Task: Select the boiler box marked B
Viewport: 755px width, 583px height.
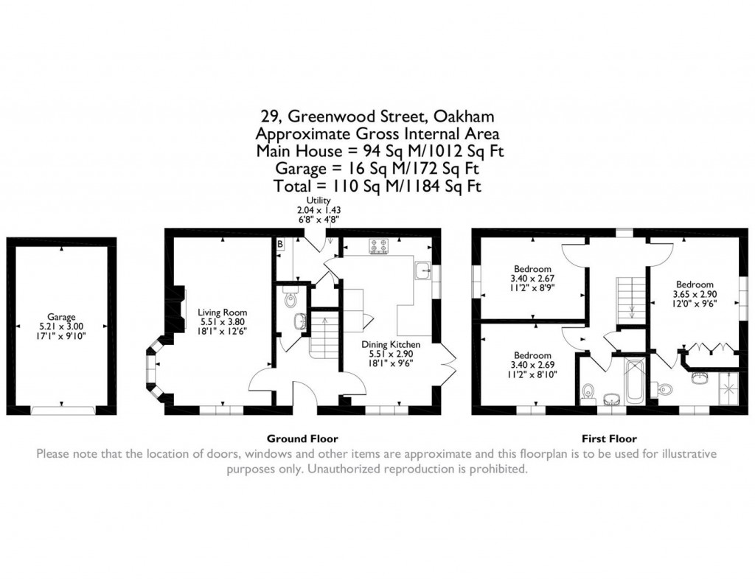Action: [x=280, y=243]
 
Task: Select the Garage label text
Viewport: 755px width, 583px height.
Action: [x=62, y=317]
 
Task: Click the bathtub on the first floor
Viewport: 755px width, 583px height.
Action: [x=633, y=381]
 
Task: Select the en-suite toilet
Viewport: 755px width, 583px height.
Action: [x=664, y=388]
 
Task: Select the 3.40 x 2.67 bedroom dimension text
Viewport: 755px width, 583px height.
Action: [x=532, y=279]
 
